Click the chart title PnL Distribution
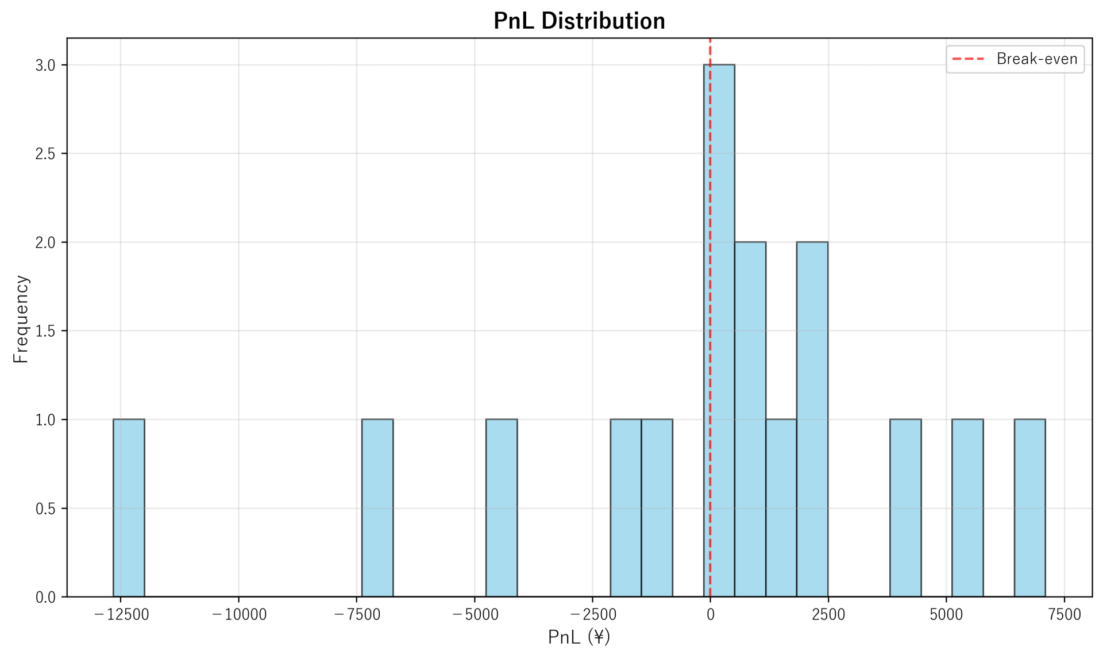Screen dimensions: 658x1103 coord(579,21)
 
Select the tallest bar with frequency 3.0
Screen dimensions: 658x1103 coord(719,330)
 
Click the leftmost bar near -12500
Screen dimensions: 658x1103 coord(129,508)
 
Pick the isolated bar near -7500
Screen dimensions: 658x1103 coord(377,508)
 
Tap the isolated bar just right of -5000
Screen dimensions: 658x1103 coord(502,508)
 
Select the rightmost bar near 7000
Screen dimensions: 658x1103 coord(1029,508)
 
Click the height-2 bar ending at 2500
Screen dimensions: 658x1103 coord(812,420)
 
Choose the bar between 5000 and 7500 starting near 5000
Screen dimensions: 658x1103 coord(967,508)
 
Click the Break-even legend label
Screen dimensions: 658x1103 coord(1036,59)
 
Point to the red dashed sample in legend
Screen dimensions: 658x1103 coord(969,59)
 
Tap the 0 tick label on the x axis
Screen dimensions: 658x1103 coord(711,615)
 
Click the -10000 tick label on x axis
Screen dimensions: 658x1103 coord(239,615)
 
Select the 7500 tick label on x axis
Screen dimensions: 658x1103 coord(1065,615)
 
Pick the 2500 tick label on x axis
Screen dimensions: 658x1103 coord(828,615)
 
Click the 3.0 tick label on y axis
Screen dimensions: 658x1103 coord(45,66)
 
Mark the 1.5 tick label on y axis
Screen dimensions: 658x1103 coord(45,332)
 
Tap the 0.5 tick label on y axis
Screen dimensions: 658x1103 coord(45,509)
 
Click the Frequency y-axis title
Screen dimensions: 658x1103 coord(21,319)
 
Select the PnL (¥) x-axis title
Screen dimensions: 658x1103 coord(579,637)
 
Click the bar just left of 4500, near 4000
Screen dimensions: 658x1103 coord(905,508)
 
